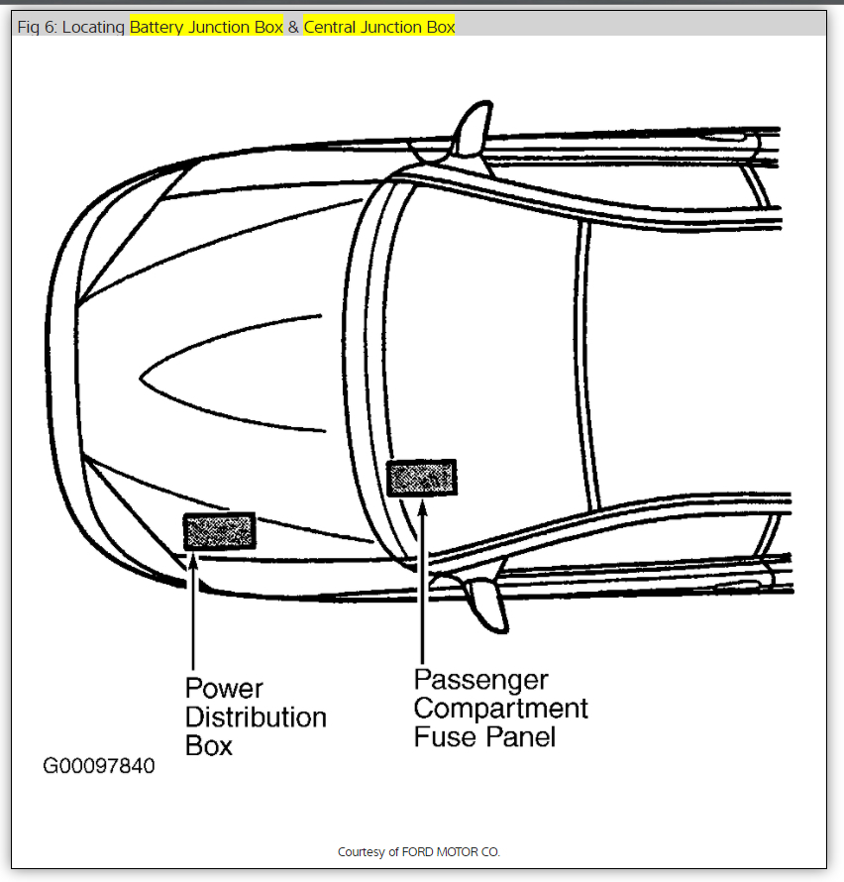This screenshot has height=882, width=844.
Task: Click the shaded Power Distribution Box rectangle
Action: tap(219, 532)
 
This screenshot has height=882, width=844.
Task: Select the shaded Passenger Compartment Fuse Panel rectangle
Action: tap(423, 479)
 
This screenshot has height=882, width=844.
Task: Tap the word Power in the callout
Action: tap(224, 688)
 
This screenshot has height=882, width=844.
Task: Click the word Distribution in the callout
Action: tap(256, 717)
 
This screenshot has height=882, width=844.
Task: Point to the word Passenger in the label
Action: tap(480, 680)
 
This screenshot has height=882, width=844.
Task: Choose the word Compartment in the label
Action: tap(500, 709)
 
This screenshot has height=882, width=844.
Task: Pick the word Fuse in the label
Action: tap(442, 737)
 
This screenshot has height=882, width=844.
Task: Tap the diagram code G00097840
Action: tap(98, 767)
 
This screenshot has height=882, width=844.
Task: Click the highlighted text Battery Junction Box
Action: tap(206, 27)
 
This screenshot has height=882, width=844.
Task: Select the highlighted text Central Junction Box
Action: tap(379, 27)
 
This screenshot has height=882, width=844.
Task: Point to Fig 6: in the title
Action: tap(37, 27)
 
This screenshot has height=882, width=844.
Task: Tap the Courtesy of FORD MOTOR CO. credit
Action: tap(419, 851)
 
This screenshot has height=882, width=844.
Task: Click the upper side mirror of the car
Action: tap(473, 129)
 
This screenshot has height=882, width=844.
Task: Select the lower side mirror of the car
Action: tap(485, 601)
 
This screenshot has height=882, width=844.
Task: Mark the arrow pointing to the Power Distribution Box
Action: tap(192, 614)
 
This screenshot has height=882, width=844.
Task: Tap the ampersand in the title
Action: tap(293, 27)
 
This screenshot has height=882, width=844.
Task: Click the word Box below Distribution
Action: tap(209, 745)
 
